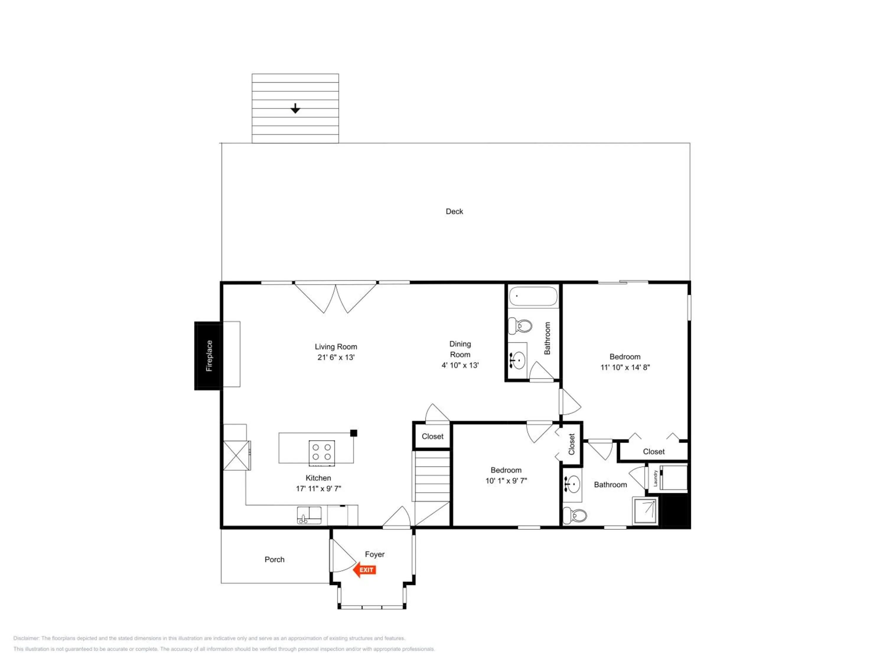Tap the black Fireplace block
(x=208, y=356)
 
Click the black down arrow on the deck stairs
(x=295, y=108)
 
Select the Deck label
(x=454, y=211)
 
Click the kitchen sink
(x=309, y=515)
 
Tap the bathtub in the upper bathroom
(x=533, y=297)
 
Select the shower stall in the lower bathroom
(x=645, y=511)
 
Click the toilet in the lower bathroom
(x=574, y=515)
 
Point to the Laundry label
(x=655, y=478)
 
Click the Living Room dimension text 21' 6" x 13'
(x=336, y=357)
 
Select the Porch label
(x=274, y=559)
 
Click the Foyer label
(x=374, y=554)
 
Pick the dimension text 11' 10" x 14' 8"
(x=625, y=367)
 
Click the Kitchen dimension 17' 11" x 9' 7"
(x=318, y=488)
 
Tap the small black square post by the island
(x=354, y=433)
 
